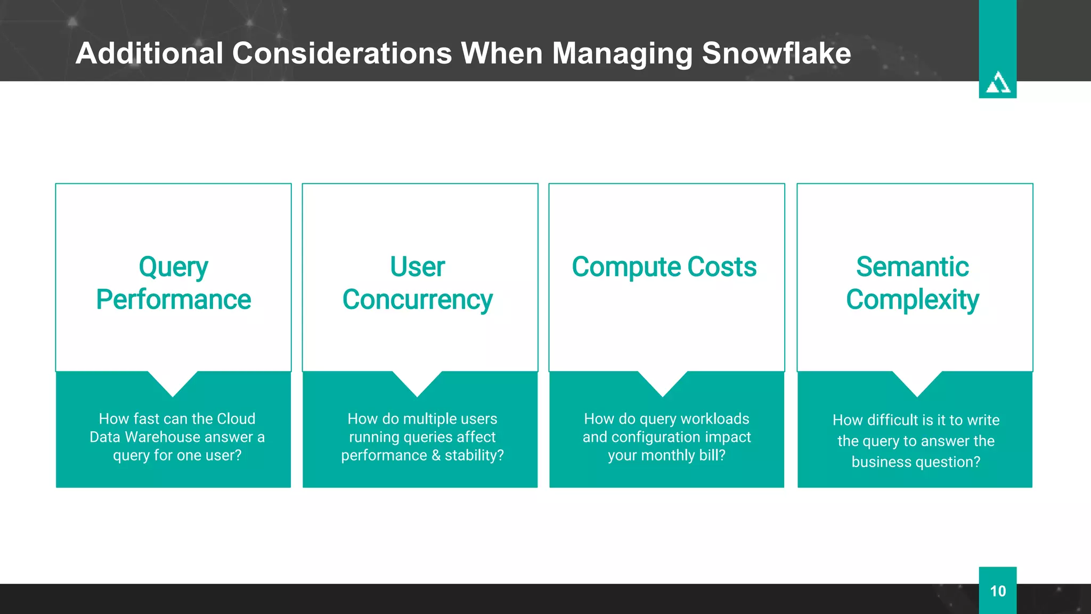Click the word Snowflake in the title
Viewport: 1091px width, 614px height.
click(x=776, y=53)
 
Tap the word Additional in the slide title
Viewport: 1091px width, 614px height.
click(x=149, y=53)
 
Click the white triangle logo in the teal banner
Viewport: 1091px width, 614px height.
click(x=997, y=83)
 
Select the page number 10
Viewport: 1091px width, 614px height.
click(x=997, y=591)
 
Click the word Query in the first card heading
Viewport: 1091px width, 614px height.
click(x=173, y=268)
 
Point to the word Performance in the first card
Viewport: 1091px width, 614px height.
click(x=173, y=300)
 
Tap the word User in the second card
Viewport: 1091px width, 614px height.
click(x=417, y=266)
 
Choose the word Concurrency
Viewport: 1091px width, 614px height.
click(x=417, y=300)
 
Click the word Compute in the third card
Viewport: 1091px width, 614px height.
click(x=626, y=268)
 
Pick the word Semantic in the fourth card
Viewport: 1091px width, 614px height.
click(x=912, y=266)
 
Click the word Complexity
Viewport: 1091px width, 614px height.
click(x=912, y=300)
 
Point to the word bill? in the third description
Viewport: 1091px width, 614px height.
click(x=712, y=456)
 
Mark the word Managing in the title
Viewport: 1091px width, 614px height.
click(x=621, y=54)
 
